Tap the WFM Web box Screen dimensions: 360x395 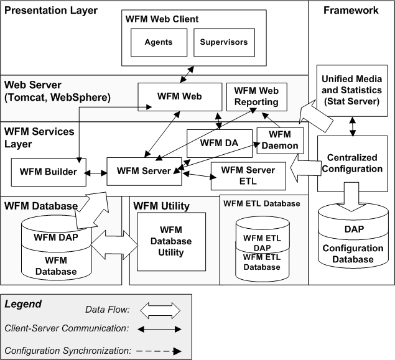tap(179, 96)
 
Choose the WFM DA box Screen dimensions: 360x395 tap(220, 143)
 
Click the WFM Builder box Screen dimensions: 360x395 tap(49, 172)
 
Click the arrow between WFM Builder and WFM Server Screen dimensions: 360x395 tap(96, 172)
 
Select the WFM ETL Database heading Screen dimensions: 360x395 tap(261, 203)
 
